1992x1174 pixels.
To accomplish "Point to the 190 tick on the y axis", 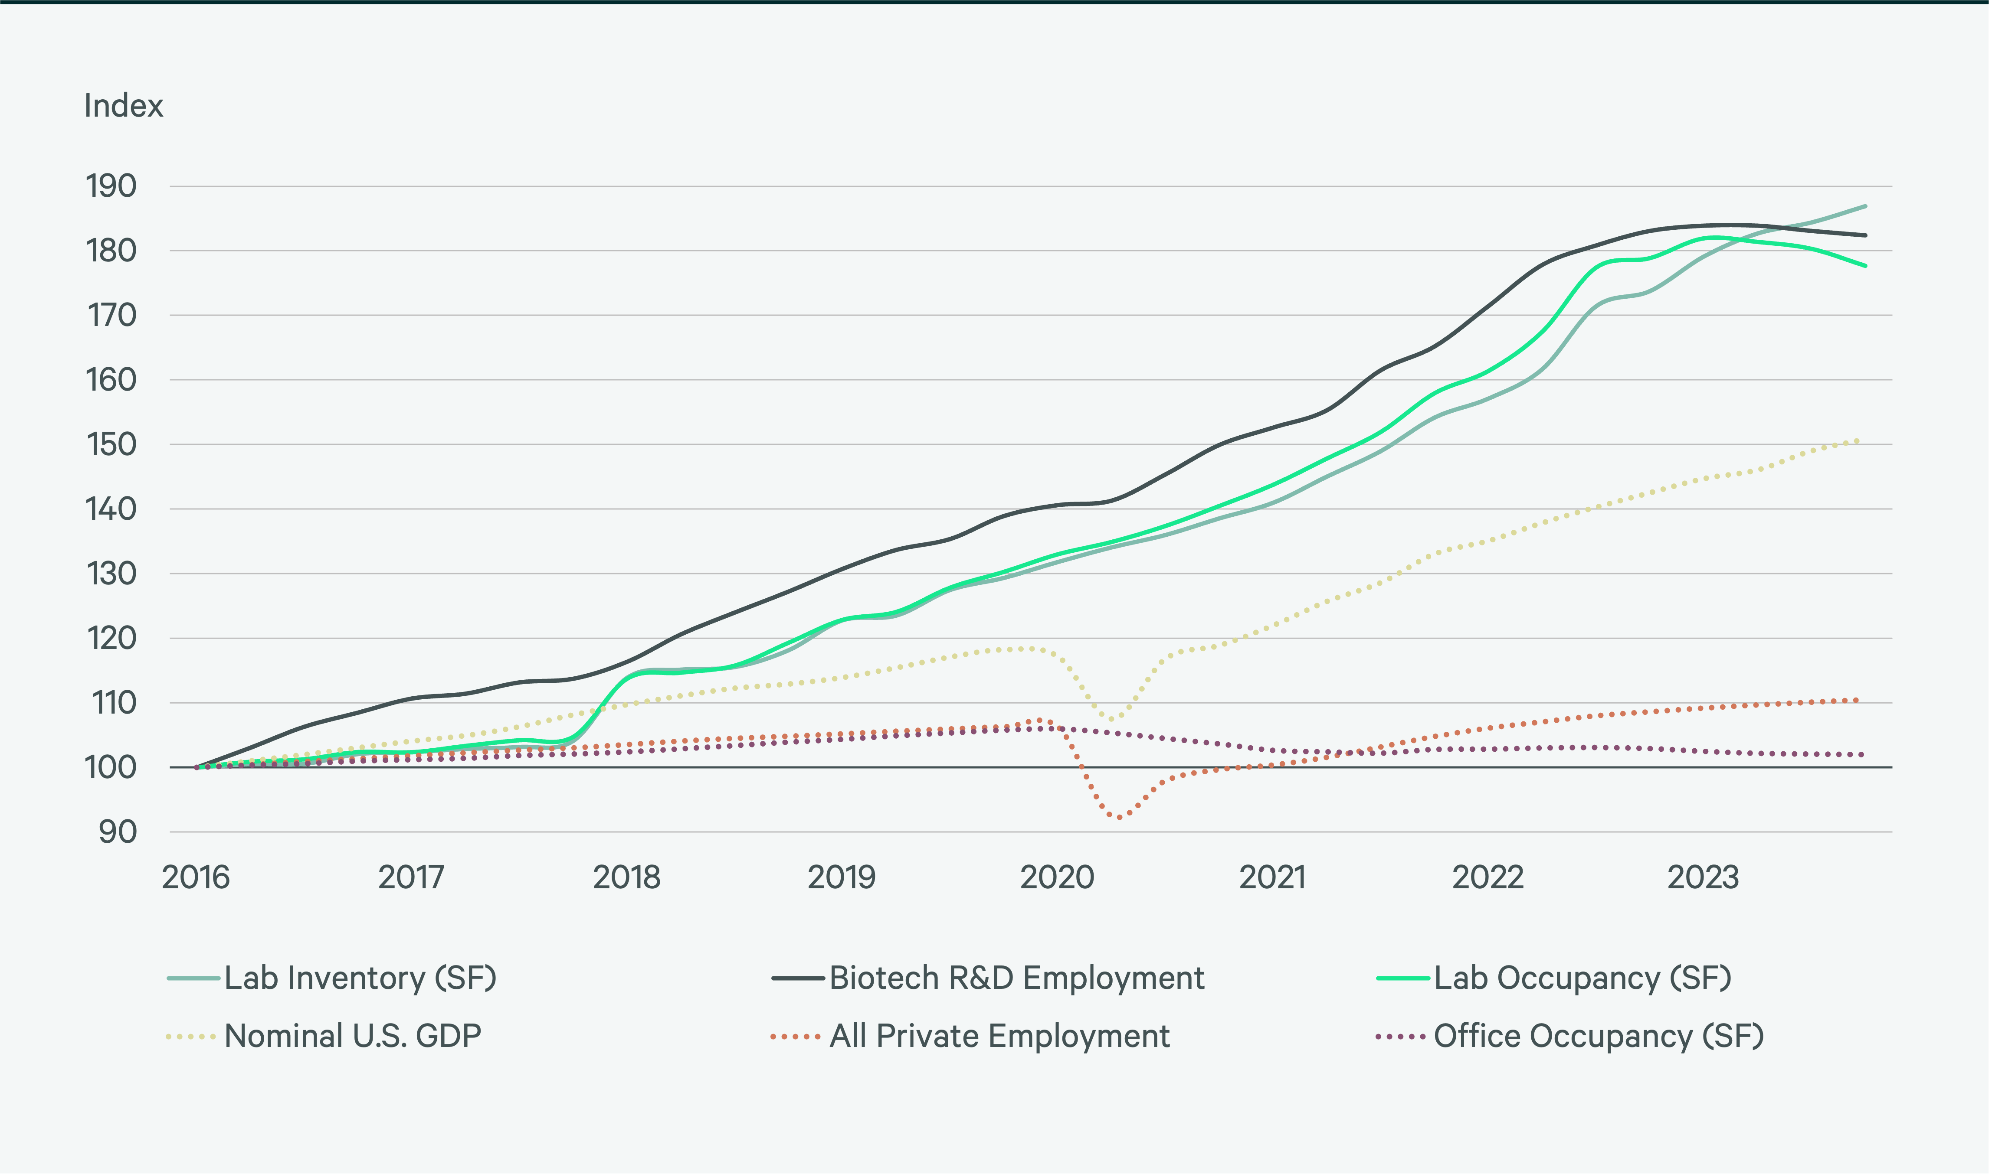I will click(111, 187).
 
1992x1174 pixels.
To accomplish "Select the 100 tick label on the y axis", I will click(111, 767).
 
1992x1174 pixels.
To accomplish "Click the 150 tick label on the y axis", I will click(111, 445).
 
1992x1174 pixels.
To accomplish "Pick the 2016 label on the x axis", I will click(196, 877).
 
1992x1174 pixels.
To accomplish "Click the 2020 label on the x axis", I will click(1057, 877).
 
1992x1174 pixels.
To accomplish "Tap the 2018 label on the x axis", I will click(626, 877).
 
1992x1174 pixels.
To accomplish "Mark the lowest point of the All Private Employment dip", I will click(1118, 817).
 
